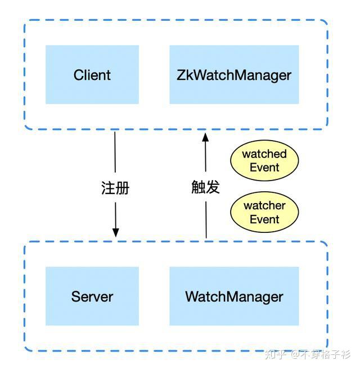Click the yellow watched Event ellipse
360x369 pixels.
[264, 161]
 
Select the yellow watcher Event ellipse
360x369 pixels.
[264, 213]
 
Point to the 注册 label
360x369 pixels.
[115, 188]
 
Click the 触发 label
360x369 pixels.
[205, 187]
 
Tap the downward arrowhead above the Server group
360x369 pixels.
[116, 232]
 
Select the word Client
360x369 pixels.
[92, 75]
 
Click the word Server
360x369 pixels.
[92, 296]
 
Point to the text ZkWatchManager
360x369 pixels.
[234, 75]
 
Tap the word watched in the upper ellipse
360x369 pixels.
[264, 154]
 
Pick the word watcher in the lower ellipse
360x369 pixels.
[264, 206]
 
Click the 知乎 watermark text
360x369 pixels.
[274, 355]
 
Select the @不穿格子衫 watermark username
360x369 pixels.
[320, 355]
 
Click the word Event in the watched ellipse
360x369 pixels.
[264, 168]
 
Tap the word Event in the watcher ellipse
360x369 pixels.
[264, 219]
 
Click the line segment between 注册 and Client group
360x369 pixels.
[115, 152]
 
